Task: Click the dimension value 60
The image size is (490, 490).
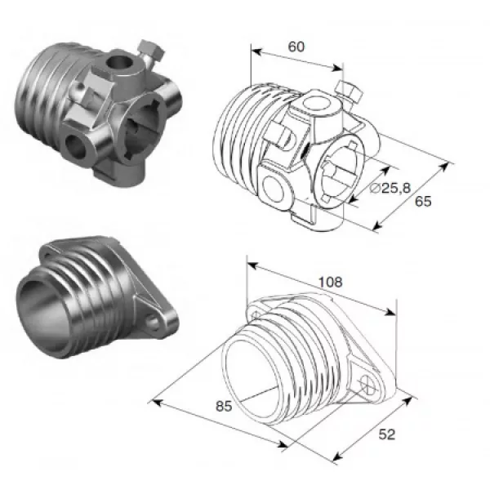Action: [x=296, y=47]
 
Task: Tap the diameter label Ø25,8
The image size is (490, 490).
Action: [x=390, y=188]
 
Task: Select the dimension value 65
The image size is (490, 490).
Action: [x=423, y=201]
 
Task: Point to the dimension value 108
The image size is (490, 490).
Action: [x=330, y=282]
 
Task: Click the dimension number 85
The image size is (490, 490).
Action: [x=224, y=406]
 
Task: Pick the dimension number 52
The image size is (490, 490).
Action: [x=386, y=434]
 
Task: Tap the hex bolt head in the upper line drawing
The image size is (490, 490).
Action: [x=349, y=91]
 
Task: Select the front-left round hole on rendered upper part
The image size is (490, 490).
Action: [x=75, y=146]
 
